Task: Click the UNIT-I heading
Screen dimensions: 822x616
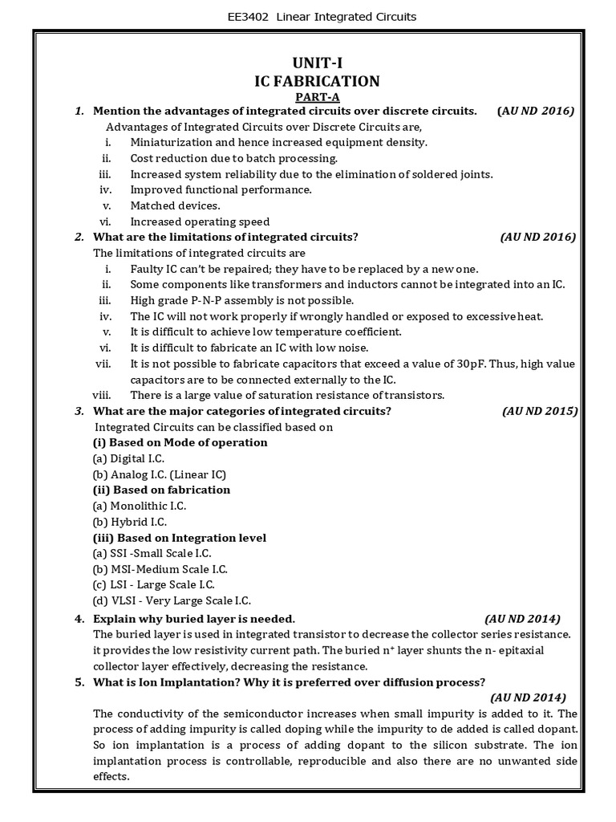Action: [317, 63]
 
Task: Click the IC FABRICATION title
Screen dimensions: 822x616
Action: [317, 81]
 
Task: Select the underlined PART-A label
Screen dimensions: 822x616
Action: [317, 96]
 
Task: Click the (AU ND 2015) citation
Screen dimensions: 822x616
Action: [540, 411]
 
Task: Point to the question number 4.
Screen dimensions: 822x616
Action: [79, 619]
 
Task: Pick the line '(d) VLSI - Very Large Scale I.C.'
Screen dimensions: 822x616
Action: [172, 600]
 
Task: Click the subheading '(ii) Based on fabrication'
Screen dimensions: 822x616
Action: [161, 490]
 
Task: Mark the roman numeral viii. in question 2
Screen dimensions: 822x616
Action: [100, 395]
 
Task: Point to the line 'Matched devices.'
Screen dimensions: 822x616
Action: [175, 205]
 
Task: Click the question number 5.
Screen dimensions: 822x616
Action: [79, 682]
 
